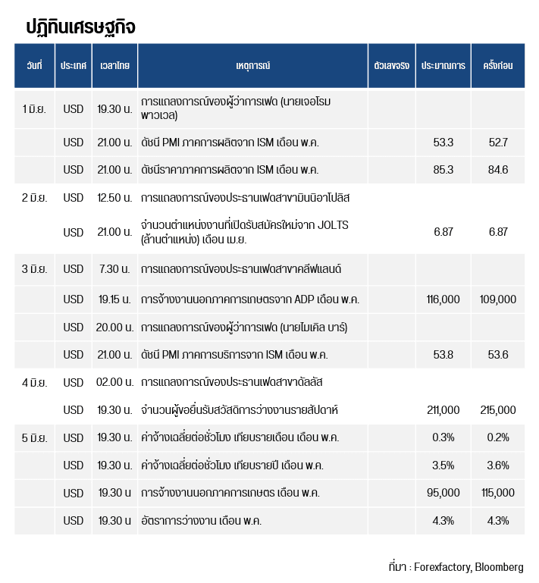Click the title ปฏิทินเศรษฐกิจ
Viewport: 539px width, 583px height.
(80, 27)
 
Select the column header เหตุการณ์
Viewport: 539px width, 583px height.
(252, 65)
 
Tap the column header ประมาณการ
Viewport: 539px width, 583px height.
(443, 66)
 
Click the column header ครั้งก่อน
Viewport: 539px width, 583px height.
(498, 65)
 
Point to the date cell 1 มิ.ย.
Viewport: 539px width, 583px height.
(34, 109)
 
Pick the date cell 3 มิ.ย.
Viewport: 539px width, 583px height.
(34, 269)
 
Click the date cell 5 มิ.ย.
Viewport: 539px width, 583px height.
(34, 437)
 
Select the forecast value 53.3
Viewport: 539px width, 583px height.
(443, 143)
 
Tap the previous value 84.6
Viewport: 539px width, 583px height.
(498, 170)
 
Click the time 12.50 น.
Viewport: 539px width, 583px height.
(114, 198)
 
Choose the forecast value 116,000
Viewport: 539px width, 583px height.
(443, 299)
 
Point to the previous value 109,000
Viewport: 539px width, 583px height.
(498, 299)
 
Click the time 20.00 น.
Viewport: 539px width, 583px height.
(114, 328)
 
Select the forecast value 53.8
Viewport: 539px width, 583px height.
(443, 355)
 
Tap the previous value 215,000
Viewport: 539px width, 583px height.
(498, 410)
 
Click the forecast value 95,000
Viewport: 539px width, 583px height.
(443, 493)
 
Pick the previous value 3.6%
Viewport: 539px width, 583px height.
(498, 465)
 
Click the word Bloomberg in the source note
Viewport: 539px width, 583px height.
(499, 567)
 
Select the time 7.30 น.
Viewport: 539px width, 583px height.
(114, 269)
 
